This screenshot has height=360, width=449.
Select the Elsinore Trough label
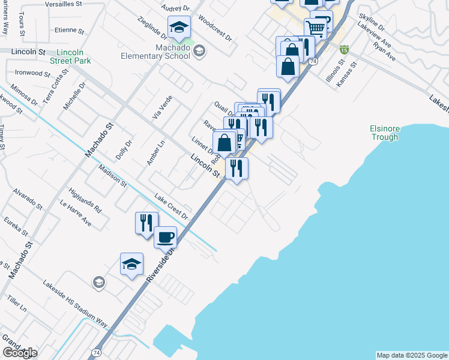click(385, 133)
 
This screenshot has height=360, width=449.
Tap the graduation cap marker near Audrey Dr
click(179, 27)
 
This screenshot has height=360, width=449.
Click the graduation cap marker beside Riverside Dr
click(131, 264)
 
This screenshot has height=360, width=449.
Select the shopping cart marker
click(315, 28)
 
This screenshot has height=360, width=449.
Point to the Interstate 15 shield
click(343, 50)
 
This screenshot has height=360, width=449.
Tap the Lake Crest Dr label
click(171, 206)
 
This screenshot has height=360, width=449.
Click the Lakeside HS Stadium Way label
click(74, 304)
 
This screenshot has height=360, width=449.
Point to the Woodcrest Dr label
click(214, 28)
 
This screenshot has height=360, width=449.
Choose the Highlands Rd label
click(85, 202)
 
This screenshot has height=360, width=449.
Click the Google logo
click(19, 352)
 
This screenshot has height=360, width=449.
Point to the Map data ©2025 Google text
click(412, 355)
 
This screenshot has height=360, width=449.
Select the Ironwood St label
click(32, 73)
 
